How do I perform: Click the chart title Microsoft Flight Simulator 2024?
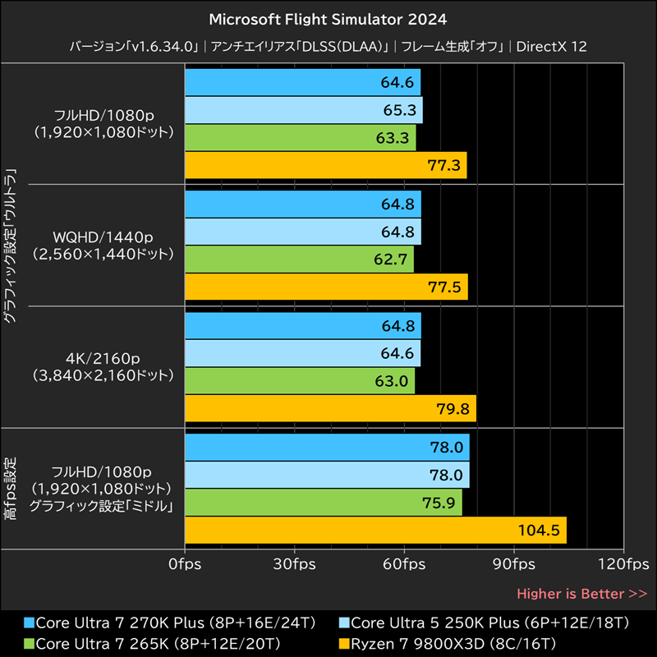328,18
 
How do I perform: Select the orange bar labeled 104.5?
375,530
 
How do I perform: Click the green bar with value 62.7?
299,260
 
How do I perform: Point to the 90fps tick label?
514,564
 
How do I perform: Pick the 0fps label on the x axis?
185,564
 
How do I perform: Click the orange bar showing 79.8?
330,408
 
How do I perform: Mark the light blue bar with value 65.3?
304,110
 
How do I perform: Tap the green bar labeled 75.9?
324,503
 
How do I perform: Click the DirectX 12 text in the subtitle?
552,47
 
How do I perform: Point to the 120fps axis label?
623,564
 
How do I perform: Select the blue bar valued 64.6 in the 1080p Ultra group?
302,82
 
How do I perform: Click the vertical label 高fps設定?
10,489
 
